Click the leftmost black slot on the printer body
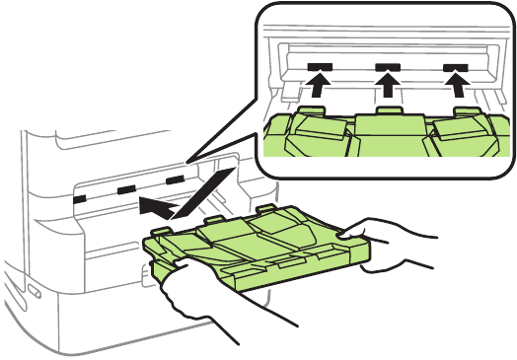tap(80, 198)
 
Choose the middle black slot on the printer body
tap(125, 189)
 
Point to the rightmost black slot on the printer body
tap(175, 180)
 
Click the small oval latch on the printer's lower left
tap(35, 291)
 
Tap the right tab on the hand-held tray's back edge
tap(267, 208)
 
